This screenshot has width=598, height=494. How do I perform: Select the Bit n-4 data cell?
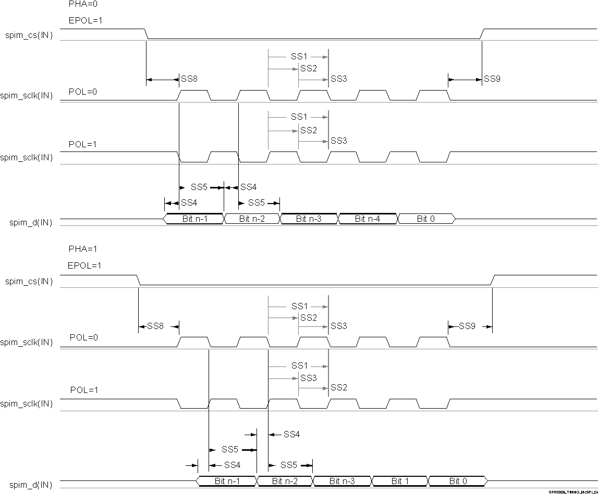tap(368, 219)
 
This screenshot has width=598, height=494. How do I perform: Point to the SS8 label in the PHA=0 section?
tap(189, 79)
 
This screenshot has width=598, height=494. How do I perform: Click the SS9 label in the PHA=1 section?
tap(467, 326)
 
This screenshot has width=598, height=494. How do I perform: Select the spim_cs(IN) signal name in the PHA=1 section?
tap(29, 282)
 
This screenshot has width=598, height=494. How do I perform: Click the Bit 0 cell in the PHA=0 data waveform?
tap(426, 219)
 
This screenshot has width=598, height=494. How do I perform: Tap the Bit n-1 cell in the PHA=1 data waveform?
tap(227, 481)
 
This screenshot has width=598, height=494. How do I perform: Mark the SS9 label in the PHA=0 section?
tap(492, 79)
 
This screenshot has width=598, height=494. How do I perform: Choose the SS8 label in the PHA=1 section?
tap(155, 326)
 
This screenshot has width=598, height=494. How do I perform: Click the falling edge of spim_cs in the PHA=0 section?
tap(147, 34)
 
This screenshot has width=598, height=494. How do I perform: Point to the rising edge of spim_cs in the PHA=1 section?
tap(492, 280)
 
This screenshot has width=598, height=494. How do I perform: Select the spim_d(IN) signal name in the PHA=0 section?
tap(31, 223)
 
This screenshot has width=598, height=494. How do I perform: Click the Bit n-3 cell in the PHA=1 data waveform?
tap(341, 481)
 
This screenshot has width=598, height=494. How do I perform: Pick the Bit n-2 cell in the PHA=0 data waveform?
tap(252, 219)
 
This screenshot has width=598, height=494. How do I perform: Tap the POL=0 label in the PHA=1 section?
tap(84, 337)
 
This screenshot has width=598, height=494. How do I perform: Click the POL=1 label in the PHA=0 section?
tap(83, 144)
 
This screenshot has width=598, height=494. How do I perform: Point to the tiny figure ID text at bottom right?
tap(572, 491)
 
